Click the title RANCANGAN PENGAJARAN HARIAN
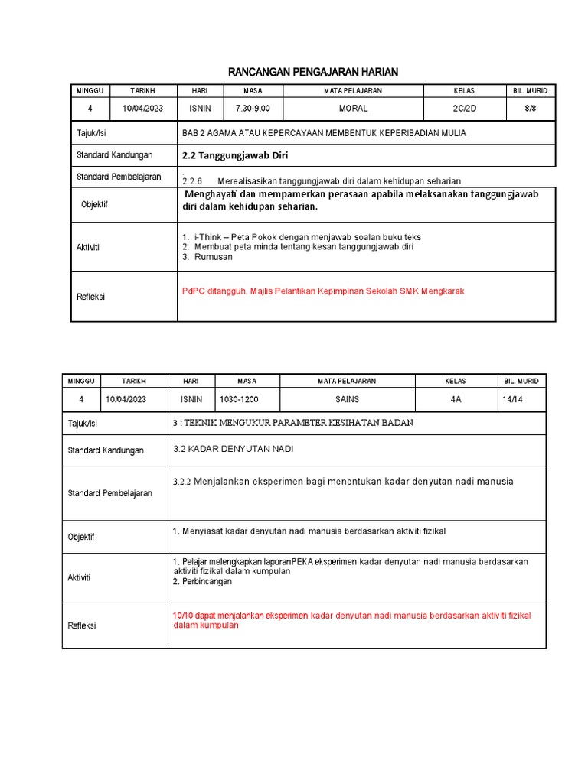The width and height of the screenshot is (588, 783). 314,72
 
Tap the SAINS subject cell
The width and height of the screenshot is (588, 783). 347,399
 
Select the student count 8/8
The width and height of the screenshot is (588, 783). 530,109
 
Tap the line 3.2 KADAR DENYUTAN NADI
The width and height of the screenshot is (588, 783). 233,449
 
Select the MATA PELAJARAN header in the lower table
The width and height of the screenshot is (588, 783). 347,381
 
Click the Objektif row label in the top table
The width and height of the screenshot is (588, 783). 95,205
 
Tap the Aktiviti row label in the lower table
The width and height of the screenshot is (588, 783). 80,577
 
